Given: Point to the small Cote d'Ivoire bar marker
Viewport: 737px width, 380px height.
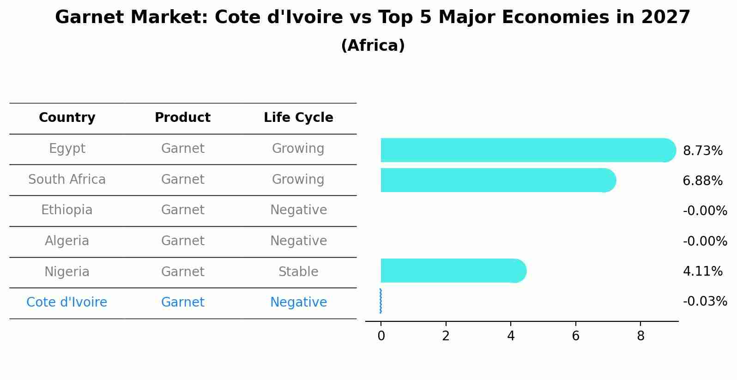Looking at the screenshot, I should [381, 301].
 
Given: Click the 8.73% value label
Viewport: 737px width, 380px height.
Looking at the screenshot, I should [702, 151].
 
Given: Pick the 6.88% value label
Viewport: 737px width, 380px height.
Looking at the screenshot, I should [702, 181].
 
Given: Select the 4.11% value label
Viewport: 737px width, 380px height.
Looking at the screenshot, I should [702, 271].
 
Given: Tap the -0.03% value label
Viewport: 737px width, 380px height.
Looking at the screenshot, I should [705, 302].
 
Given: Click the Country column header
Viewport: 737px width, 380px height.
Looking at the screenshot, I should [67, 118].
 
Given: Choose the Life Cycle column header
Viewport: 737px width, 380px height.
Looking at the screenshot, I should [298, 118].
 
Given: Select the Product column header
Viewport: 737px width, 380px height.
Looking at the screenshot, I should [182, 118].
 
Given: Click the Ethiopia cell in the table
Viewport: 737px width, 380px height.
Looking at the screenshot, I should [67, 210].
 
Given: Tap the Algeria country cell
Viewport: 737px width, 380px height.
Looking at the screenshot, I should [67, 241].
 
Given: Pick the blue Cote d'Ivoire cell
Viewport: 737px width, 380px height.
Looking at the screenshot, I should [67, 302].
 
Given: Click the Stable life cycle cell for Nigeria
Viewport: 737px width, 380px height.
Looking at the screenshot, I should [298, 272].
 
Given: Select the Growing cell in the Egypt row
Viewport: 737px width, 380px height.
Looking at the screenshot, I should [298, 149].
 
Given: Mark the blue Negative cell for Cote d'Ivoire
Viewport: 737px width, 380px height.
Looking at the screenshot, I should [298, 302].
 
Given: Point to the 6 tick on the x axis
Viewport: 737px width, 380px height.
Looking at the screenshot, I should [575, 336].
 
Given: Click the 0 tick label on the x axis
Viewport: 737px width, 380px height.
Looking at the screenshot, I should [381, 336].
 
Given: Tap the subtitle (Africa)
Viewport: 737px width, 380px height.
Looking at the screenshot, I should [373, 46].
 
